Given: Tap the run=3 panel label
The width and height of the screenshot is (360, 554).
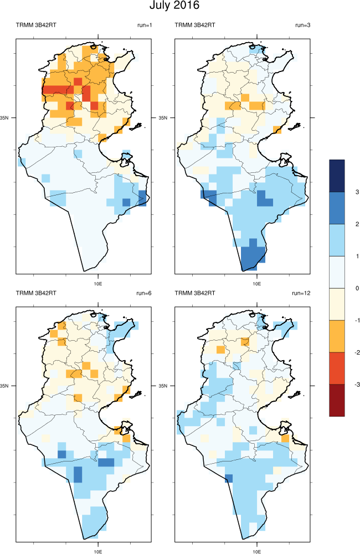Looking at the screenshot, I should pyautogui.click(x=303, y=25).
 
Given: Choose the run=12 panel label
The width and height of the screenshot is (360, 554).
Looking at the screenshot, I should pyautogui.click(x=302, y=293).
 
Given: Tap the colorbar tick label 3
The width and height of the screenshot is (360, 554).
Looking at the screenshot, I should pyautogui.click(x=358, y=192).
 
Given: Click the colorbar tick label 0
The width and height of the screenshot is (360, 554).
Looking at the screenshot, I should pyautogui.click(x=358, y=288).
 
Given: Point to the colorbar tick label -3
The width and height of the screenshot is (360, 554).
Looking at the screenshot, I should pyautogui.click(x=357, y=384).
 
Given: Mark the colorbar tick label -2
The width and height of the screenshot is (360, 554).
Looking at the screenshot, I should pyautogui.click(x=357, y=352).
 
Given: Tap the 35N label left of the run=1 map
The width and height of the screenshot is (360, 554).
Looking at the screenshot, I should pyautogui.click(x=6, y=118).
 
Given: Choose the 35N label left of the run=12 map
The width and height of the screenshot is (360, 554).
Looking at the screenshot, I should pyautogui.click(x=164, y=386).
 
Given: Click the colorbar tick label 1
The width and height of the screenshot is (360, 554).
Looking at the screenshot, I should pyautogui.click(x=358, y=256).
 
